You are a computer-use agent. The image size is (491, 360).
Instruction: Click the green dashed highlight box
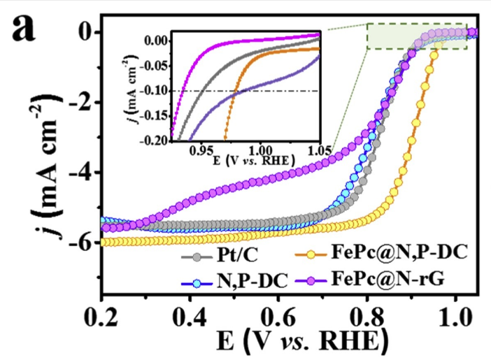pyautogui.click(x=415, y=36)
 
